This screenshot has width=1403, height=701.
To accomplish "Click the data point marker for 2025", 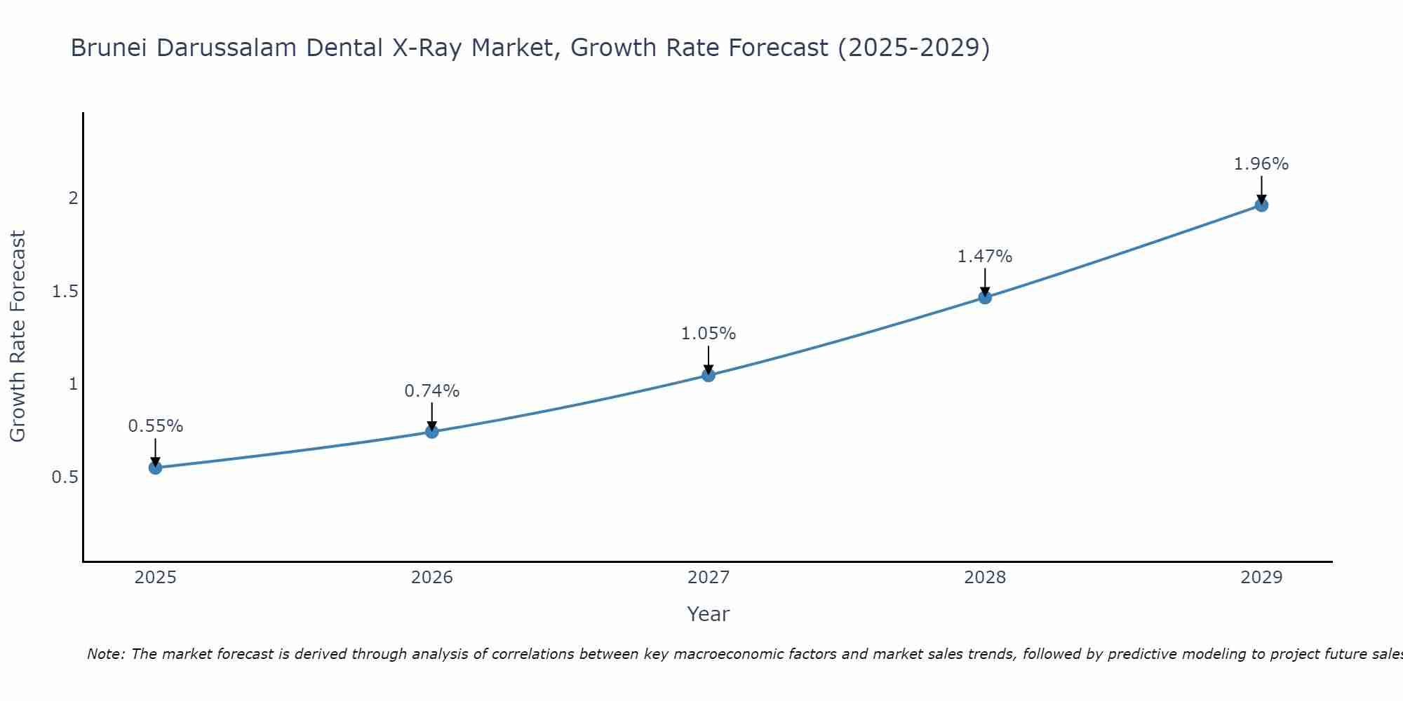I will click(155, 468).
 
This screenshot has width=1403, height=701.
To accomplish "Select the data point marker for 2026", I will click(432, 431).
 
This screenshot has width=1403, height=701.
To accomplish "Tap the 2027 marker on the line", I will click(709, 375).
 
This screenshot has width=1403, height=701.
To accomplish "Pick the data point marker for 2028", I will click(985, 297).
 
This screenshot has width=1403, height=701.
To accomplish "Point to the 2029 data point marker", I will click(1261, 205).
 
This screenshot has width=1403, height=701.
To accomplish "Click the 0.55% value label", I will click(155, 426).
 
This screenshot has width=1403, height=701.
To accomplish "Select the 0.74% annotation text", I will click(432, 391).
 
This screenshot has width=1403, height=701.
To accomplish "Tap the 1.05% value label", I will click(709, 334).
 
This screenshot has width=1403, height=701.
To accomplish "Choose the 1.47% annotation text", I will click(985, 257).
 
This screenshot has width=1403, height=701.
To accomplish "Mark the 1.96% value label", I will click(1261, 164).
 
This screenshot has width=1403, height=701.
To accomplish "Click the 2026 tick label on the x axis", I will click(432, 578).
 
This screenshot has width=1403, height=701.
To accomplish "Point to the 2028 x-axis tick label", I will click(985, 578).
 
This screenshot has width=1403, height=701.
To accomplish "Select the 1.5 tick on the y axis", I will click(65, 292).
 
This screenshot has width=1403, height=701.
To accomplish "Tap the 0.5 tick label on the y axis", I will click(65, 477).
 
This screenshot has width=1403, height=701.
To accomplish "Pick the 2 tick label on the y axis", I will click(73, 198).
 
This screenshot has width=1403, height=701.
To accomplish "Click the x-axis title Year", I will click(709, 614).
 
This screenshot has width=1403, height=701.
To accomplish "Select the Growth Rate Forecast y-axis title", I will click(18, 336).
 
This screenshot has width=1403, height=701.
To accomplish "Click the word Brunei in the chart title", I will click(109, 48).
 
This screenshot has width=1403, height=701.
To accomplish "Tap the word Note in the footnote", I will click(105, 654).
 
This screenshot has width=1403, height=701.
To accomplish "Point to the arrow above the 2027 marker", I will click(709, 359).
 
